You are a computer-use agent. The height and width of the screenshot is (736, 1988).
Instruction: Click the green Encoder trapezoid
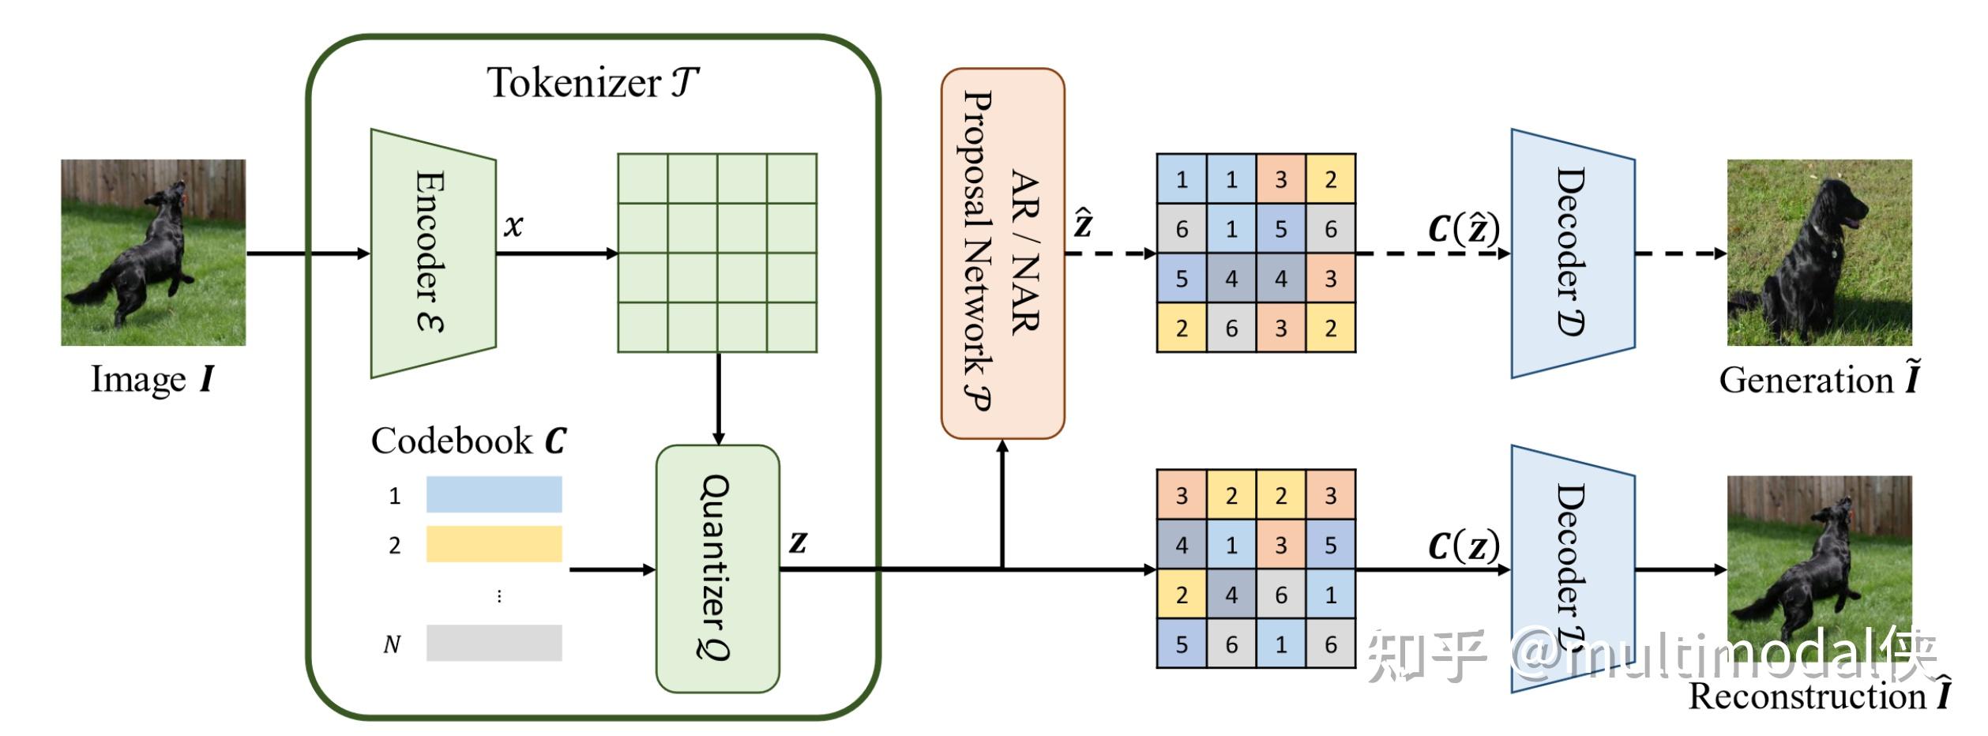[433, 253]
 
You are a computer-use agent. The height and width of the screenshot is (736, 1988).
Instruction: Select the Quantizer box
[717, 569]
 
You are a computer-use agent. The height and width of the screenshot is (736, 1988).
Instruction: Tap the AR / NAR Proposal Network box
[1002, 253]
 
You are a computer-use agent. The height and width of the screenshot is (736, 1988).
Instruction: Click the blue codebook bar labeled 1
[494, 494]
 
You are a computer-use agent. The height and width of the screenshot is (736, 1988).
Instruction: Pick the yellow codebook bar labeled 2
[494, 544]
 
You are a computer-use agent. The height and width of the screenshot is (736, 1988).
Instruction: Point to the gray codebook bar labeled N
[494, 643]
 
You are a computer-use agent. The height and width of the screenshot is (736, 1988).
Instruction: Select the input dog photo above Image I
[153, 253]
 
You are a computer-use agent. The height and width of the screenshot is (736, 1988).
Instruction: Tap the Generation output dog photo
[1819, 253]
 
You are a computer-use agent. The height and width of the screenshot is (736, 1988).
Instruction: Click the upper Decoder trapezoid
[1573, 253]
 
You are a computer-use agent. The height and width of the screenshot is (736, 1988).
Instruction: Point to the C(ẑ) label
[1463, 229]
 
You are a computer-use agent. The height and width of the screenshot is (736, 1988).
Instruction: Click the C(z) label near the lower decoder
[1463, 545]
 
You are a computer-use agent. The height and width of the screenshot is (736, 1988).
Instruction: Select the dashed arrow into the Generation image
[1680, 253]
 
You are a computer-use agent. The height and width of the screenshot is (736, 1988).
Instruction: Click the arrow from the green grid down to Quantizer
[718, 399]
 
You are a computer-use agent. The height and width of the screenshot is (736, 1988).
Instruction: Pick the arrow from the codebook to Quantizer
[612, 569]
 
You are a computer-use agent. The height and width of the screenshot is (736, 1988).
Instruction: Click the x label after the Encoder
[513, 226]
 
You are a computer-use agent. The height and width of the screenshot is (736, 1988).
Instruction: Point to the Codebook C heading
[468, 441]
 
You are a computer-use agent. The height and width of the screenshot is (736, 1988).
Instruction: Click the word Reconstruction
[1806, 697]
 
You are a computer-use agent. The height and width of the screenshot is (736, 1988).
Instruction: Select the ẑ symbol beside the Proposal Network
[1083, 223]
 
